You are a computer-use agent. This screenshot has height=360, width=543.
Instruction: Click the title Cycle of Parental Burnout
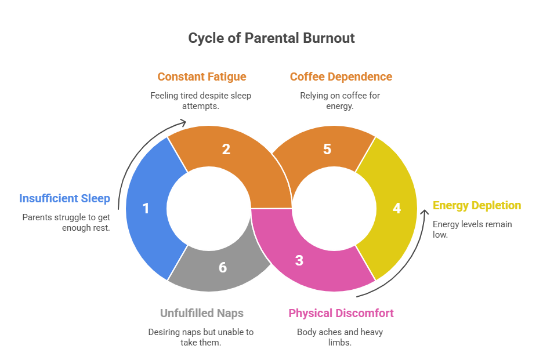tap(271, 39)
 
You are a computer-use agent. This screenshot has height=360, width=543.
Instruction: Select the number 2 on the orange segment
tap(226, 150)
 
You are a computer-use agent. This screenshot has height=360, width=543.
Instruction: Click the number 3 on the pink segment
tap(299, 260)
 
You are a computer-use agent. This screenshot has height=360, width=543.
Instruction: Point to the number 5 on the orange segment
tap(327, 150)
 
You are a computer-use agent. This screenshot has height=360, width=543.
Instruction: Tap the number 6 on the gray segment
tap(223, 268)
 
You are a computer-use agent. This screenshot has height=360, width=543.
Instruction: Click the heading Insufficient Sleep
tap(64, 199)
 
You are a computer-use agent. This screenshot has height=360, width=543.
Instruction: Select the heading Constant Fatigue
tap(201, 77)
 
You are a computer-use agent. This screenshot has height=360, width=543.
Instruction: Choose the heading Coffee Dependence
tap(341, 77)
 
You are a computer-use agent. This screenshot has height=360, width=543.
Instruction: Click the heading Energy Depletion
tap(477, 206)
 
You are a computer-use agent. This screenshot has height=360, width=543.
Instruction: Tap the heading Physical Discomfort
tap(341, 314)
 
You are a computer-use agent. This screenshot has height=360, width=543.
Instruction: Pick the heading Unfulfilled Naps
tap(201, 314)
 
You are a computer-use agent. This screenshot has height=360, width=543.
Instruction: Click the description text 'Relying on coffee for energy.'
tap(341, 100)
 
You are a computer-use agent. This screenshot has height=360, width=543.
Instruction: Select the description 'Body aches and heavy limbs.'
tap(341, 337)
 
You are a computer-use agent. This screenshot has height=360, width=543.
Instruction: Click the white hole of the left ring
tap(209, 208)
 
